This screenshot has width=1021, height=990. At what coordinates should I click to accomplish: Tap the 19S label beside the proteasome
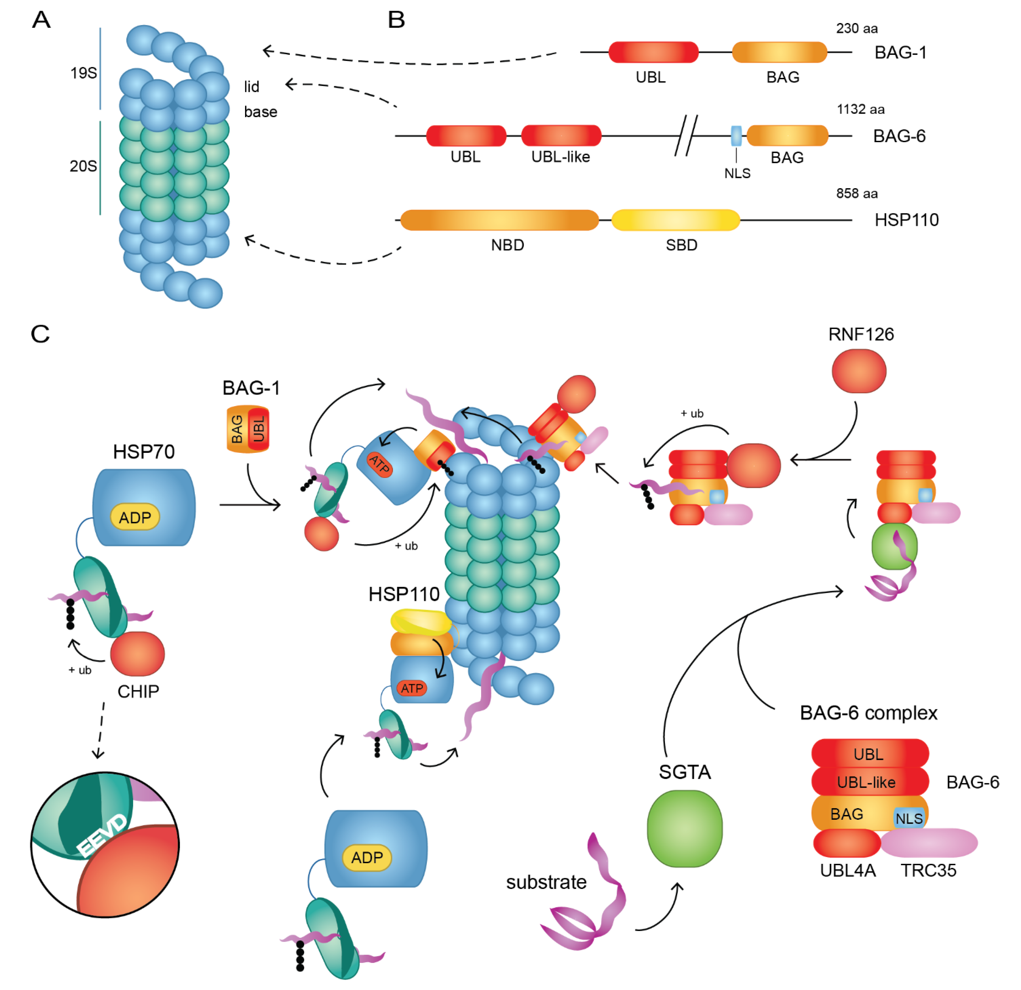(x=83, y=73)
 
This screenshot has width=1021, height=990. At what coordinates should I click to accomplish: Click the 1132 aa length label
(x=860, y=109)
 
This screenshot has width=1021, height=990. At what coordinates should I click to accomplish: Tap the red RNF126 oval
(x=859, y=371)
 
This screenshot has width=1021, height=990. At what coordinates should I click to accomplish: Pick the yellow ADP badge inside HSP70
(x=135, y=517)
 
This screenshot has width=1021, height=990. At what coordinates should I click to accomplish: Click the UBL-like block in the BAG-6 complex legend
(x=869, y=782)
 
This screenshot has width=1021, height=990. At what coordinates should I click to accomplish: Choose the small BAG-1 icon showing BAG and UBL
(x=248, y=429)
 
